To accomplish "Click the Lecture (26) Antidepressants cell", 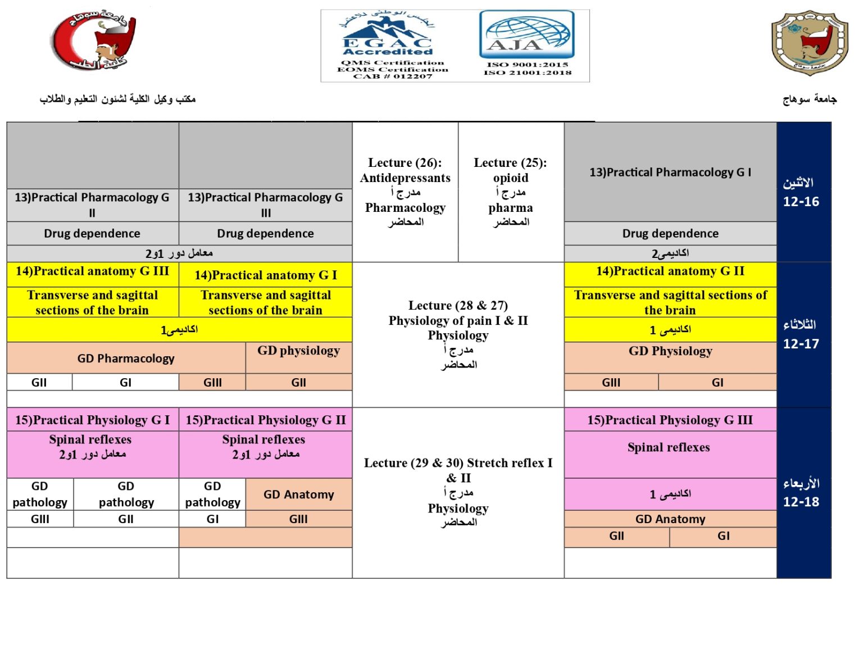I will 405,192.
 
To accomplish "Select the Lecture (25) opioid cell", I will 510,192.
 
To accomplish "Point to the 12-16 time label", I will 801,201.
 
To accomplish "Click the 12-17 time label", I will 801,343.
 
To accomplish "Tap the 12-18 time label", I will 801,501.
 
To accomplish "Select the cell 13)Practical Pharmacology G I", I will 670,173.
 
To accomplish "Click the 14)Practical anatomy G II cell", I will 670,271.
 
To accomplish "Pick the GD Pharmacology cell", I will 126,359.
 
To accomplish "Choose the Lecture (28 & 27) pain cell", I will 458,334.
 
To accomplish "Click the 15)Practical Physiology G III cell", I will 670,420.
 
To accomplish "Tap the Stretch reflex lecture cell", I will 458,492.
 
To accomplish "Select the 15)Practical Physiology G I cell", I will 92,420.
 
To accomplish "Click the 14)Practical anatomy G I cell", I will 266,275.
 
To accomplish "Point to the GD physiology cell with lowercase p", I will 298,351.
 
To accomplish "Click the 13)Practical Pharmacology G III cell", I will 265,205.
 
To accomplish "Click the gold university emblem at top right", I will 809,43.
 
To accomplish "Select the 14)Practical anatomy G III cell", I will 92,271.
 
